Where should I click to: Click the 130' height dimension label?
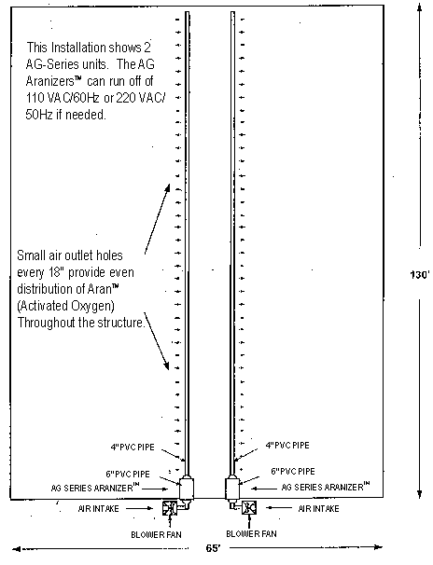pyautogui.click(x=420, y=275)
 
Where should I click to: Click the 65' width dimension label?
pyautogui.click(x=213, y=548)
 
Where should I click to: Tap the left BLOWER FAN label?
pyautogui.click(x=156, y=535)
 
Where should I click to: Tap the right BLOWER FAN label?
pyautogui.click(x=251, y=533)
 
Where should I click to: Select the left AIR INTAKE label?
pyautogui.click(x=98, y=509)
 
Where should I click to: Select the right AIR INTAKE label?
pyautogui.click(x=319, y=509)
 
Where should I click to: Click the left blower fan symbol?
pyautogui.click(x=169, y=508)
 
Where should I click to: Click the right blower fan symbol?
pyautogui.click(x=249, y=508)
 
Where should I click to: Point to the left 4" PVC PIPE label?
pyautogui.click(x=133, y=448)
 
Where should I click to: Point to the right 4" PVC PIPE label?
pyautogui.click(x=287, y=446)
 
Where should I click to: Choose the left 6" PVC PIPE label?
pyautogui.click(x=128, y=474)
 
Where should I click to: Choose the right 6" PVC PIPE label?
pyautogui.click(x=293, y=472)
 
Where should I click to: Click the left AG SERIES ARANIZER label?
pyautogui.click(x=95, y=488)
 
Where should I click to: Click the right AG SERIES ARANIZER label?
pyautogui.click(x=326, y=487)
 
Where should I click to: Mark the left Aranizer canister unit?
pyautogui.click(x=187, y=488)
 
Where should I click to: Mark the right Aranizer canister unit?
pyautogui.click(x=232, y=488)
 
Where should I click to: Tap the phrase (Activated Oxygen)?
pyautogui.click(x=66, y=306)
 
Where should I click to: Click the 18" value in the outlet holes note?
pyautogui.click(x=56, y=272)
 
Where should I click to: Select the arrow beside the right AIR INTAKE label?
pyautogui.click(x=279, y=508)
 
